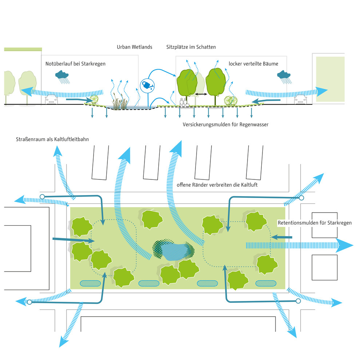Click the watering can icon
click(147, 85)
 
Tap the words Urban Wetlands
click(134, 47)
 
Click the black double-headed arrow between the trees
click(201, 94)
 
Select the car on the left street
click(51, 100)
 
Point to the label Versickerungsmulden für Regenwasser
click(225, 124)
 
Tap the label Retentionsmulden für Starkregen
click(314, 223)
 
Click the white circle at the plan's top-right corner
click(301, 198)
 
